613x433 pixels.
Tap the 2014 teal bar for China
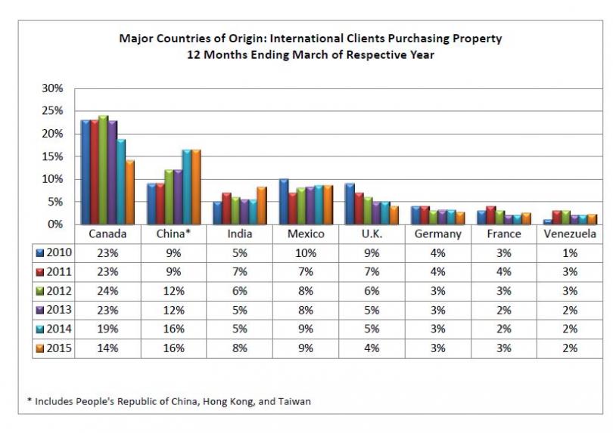[186, 187]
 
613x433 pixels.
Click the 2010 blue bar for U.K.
[350, 203]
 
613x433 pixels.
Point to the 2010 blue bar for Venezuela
[547, 221]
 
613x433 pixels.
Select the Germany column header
[437, 234]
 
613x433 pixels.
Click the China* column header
[173, 234]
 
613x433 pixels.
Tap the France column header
[503, 234]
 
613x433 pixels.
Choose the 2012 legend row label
[59, 291]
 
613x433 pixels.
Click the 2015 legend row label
[59, 348]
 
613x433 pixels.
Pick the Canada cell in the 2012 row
[107, 291]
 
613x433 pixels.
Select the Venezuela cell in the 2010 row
[569, 253]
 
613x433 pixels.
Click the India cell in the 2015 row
[239, 348]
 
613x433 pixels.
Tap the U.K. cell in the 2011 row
[372, 272]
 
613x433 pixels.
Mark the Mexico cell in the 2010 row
[305, 253]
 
